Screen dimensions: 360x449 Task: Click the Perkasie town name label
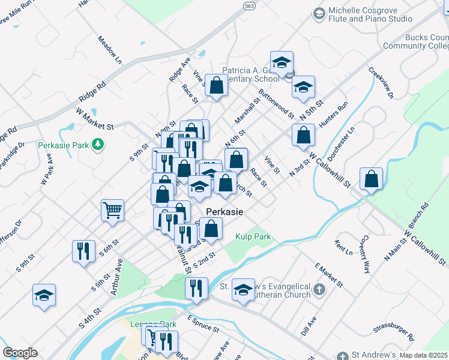224,212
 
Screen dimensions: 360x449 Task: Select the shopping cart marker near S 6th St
113,211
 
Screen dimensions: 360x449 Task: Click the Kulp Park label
253,236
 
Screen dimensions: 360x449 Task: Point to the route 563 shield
249,5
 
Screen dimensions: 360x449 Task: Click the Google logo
19,353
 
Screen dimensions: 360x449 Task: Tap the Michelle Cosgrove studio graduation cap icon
319,13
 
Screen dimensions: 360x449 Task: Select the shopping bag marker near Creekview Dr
372,178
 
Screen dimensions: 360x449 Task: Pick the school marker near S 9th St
44,295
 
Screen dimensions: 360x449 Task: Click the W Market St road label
95,118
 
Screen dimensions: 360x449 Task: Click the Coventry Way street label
364,257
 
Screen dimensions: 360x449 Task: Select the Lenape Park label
154,325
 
